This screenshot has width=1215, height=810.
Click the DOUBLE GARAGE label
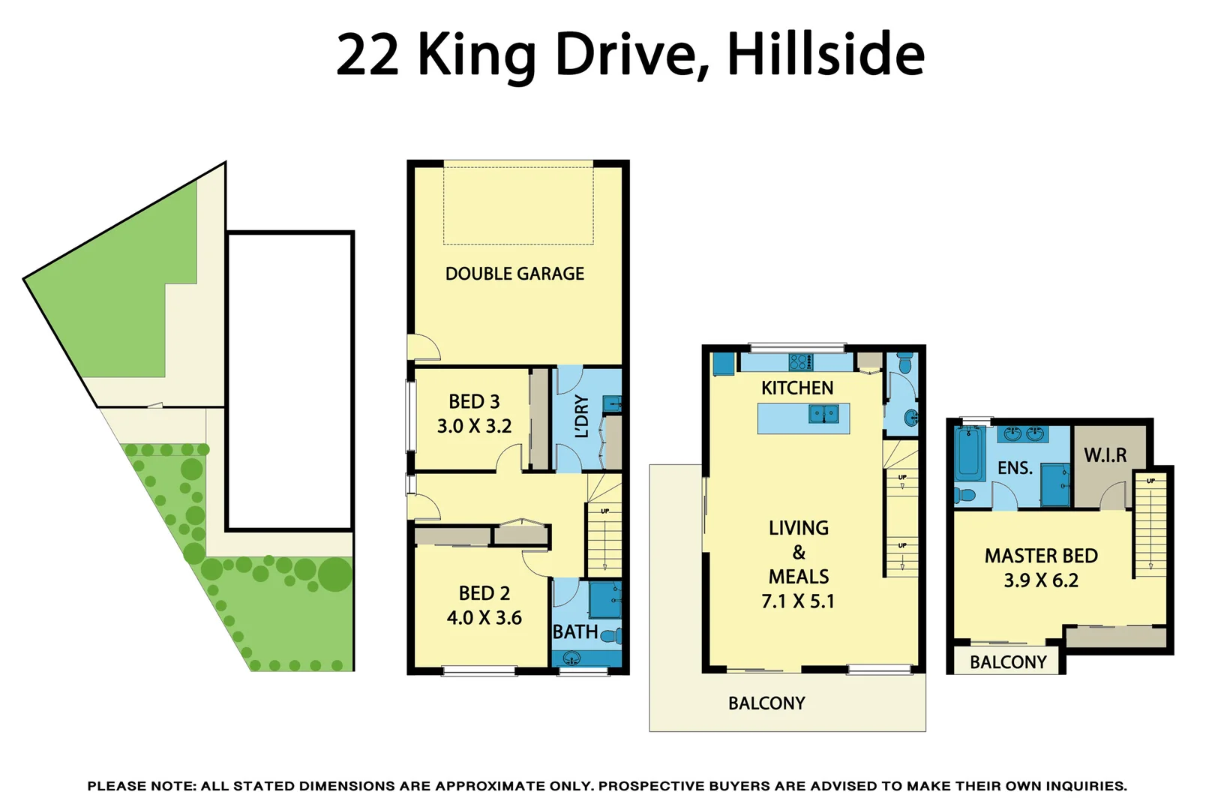pos(514,274)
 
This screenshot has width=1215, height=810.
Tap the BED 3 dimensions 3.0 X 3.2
pos(474,426)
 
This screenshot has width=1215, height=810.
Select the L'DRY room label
pos(581,415)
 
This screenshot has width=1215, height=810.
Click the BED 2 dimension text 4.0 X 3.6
pos(484,618)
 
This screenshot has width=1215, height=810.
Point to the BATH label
pos(575,632)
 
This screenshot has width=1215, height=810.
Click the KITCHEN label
pos(797,388)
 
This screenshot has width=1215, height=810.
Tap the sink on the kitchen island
pos(823,414)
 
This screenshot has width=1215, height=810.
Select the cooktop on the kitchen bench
pos(800,362)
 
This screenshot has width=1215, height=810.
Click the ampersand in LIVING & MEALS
pos(799,553)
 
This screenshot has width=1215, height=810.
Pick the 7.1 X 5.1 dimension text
pos(798,601)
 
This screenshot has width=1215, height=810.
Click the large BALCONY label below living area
pos(766,703)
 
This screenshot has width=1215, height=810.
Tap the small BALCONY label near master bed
pos(1008,662)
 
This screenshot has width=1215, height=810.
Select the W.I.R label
pos(1105,455)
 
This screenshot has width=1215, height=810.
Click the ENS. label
pos(1015,469)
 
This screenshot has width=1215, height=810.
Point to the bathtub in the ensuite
pos(970,454)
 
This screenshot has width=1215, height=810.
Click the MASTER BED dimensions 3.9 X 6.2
pos(1041,580)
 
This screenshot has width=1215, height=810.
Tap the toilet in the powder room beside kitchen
pos(904,364)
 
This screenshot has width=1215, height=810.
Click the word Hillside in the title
pos(826,55)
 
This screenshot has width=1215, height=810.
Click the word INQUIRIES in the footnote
pos(1084,786)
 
